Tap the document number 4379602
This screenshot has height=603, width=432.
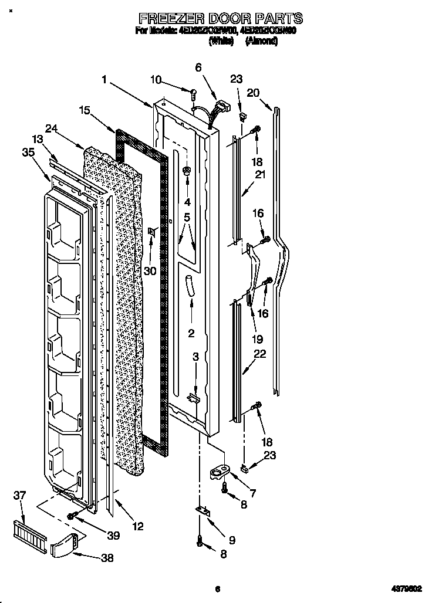[407, 589]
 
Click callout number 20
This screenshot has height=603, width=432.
[253, 92]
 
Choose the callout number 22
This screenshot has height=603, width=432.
[259, 354]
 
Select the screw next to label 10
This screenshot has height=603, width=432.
[193, 90]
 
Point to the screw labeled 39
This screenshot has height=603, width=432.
[72, 516]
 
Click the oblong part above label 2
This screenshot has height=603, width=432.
[190, 287]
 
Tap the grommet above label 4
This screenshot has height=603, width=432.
[187, 171]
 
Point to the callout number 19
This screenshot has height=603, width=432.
[257, 339]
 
